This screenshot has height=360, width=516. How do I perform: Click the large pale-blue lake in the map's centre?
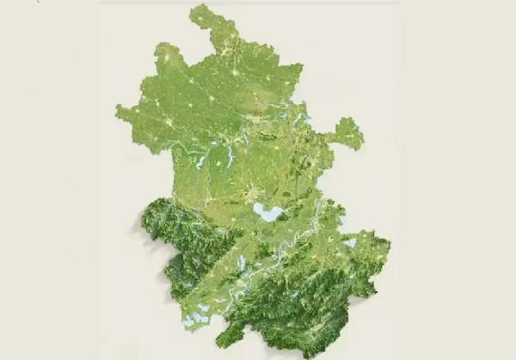(x=267, y=212)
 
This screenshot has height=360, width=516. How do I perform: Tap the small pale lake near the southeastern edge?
(x=351, y=243)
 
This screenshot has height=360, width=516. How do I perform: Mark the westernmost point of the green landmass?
(x=117, y=110)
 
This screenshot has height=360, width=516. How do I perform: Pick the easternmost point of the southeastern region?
(x=390, y=249)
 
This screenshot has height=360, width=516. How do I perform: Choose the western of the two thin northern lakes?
(x=200, y=162)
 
